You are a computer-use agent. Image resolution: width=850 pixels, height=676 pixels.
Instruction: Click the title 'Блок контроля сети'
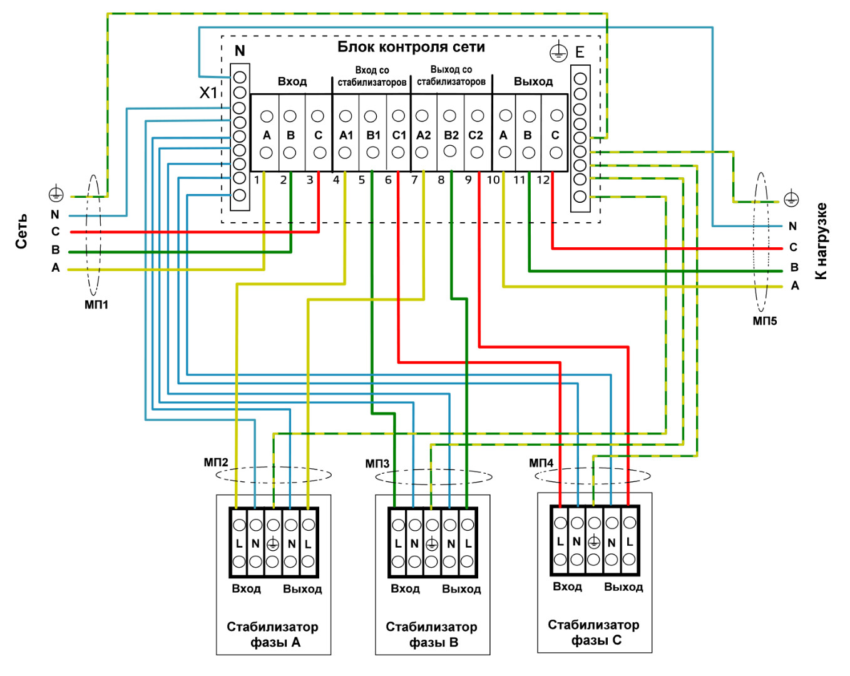coord(411,47)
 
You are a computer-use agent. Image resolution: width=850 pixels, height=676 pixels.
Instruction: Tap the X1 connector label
coord(208,93)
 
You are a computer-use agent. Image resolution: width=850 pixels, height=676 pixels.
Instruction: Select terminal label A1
coord(346,135)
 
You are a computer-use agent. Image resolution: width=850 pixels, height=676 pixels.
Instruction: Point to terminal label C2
coord(476,135)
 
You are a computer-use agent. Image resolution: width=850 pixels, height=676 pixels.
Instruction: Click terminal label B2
coord(451,135)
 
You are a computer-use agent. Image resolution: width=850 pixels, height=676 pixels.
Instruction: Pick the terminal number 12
coord(543,180)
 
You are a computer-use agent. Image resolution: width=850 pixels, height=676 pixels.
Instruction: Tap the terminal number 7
coord(414,180)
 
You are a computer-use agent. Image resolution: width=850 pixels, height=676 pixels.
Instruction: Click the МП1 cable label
coord(96,305)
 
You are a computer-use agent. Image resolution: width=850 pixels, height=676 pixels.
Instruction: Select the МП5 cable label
coord(765,321)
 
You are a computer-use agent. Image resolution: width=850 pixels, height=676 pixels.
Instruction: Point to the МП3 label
coord(377,463)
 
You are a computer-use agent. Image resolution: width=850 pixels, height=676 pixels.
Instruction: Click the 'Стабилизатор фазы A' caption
coord(273,635)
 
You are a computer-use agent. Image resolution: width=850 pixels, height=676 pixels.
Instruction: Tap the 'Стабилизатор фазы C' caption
coord(593,633)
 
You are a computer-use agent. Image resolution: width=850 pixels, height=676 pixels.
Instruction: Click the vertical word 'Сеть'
coord(21,231)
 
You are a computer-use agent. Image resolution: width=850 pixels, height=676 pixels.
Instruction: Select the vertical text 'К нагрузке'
coord(821,242)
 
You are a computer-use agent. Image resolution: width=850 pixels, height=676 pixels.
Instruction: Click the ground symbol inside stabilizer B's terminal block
coord(432,545)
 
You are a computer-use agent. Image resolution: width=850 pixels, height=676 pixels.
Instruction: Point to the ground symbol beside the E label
coord(558,52)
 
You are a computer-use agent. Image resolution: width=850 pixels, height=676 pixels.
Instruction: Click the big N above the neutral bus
coord(240,51)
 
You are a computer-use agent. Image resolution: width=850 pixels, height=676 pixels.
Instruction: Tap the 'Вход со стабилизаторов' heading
coord(372,76)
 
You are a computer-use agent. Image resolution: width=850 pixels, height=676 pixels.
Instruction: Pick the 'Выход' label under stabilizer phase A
coord(302,589)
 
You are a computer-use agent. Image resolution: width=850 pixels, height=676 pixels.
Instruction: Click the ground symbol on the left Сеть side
coord(56,193)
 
